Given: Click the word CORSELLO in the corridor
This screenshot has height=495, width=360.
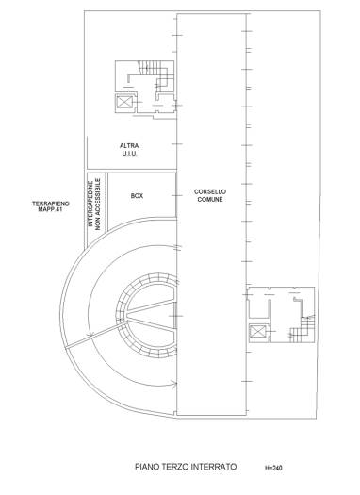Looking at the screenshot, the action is coord(210,191).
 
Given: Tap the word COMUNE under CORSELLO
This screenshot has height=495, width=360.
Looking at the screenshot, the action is coord(210,200).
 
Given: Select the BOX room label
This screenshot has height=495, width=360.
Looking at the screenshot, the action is coord(137,196).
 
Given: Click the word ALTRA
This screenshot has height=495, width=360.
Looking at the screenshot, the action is coord(129,146).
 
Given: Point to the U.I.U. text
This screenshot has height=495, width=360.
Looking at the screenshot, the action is coord(129,154).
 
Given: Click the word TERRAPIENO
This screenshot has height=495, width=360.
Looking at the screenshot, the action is coord(51,204).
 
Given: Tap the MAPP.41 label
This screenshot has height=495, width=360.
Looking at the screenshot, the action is coord(51,209).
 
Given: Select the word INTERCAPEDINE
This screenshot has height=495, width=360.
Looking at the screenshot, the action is coord(90,204).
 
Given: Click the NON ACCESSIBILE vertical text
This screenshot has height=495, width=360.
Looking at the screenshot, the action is coord(98,204).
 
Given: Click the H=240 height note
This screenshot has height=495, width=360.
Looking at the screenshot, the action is coord(273,468).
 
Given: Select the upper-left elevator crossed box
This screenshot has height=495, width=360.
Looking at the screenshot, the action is coord(123,102).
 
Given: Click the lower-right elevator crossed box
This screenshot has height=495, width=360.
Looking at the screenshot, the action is coord(256,332).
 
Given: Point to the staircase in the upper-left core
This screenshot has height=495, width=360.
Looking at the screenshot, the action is coord(150,68).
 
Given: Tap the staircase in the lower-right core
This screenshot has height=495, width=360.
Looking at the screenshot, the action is coord(303,330).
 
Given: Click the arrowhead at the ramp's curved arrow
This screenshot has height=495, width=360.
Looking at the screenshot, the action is coord(173,384).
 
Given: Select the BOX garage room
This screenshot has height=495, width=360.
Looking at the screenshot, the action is coord(141,199).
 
